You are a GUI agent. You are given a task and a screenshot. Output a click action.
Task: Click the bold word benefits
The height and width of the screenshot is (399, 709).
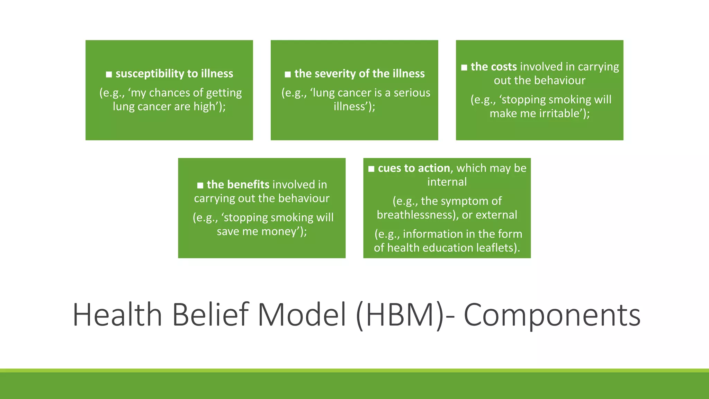[x=248, y=185]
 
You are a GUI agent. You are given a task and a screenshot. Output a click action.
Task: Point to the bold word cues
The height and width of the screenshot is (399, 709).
[x=390, y=168]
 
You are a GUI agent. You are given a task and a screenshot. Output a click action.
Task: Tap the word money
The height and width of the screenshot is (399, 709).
[x=279, y=231]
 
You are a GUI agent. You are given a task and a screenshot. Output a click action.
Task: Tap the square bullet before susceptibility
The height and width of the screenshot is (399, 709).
[x=109, y=74]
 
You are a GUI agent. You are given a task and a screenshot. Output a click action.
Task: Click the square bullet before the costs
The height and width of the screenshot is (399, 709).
[x=464, y=68]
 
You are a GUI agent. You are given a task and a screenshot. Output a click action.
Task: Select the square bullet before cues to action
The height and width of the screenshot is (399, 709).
[x=371, y=169]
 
